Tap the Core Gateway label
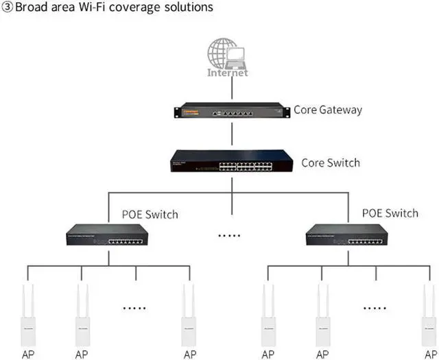click(328, 110)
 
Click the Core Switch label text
click(331, 163)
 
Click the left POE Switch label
click(150, 215)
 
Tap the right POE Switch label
click(390, 213)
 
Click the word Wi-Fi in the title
click(101, 8)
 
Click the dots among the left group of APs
click(134, 308)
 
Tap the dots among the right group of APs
click(375, 308)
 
